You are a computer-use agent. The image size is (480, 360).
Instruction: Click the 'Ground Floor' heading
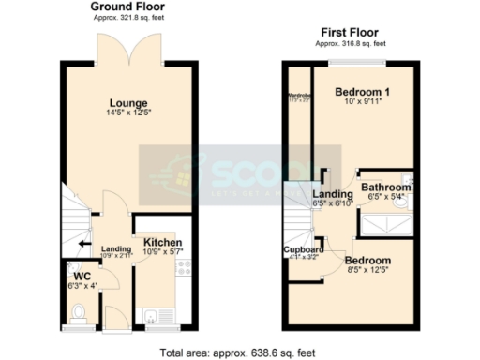pos(124,7)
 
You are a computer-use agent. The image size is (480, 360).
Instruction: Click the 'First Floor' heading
pos(351,32)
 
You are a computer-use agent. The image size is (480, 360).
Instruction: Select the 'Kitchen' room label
pos(163,243)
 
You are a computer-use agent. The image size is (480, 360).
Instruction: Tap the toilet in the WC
pos(80,310)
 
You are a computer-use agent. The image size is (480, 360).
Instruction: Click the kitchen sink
pos(150,312)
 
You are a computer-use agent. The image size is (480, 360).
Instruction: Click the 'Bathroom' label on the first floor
pos(386,187)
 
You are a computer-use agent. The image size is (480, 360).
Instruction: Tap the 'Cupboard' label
pos(304,249)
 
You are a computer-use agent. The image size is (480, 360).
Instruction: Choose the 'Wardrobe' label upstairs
pos(299,96)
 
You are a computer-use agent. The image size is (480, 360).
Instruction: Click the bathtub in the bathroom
pos(386,224)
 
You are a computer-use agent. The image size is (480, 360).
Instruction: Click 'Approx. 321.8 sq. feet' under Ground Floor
pos(124,19)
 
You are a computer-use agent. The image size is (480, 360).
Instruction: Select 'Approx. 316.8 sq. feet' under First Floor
pos(351,43)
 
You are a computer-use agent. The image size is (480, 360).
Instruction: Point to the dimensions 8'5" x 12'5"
pos(367,270)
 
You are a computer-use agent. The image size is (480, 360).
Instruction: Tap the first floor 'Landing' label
pos(331,194)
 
